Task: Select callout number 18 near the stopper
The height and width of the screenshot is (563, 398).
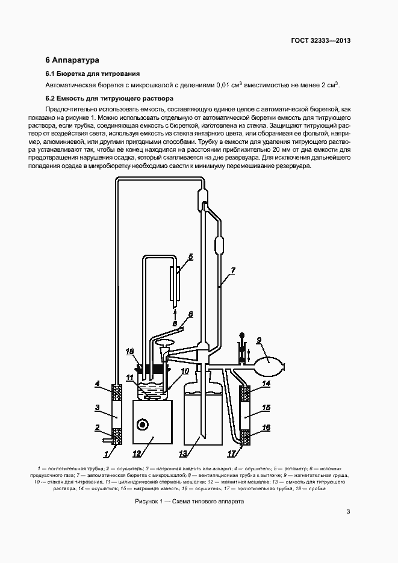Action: (x=129, y=350)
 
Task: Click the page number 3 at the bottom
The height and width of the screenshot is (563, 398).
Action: (x=348, y=512)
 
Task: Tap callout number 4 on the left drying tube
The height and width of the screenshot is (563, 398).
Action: (x=96, y=384)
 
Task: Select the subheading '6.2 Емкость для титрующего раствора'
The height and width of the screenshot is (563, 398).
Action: (x=110, y=98)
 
